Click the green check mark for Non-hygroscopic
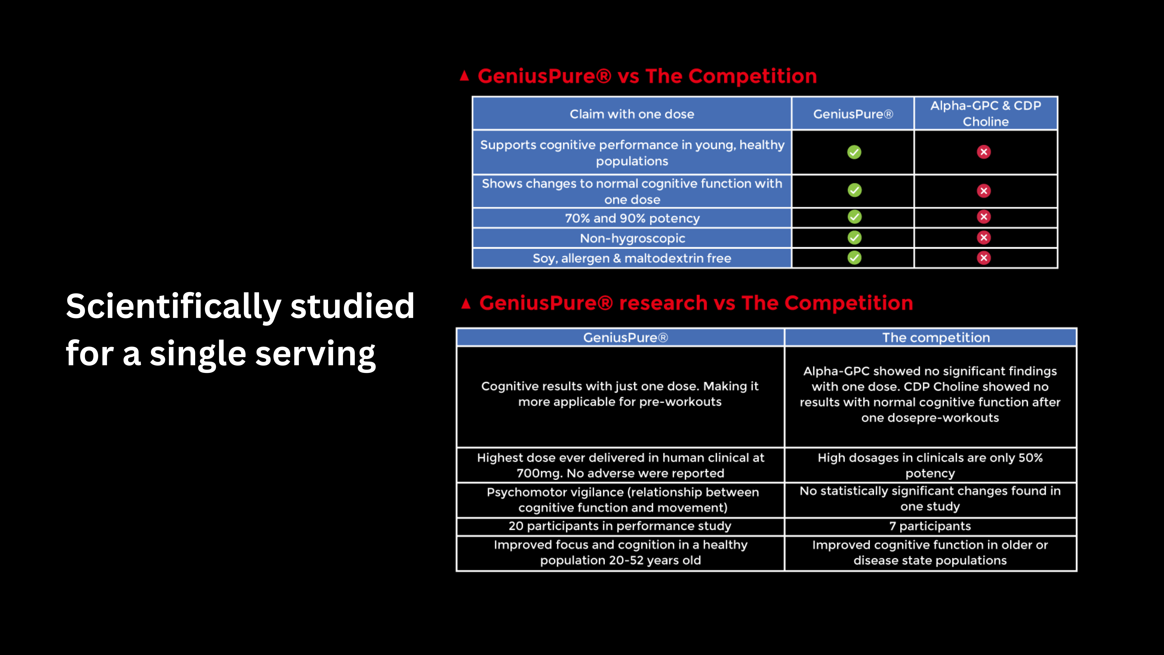[x=854, y=238]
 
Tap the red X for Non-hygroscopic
[x=984, y=238]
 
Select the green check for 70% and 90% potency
[x=854, y=217]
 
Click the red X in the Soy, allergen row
[x=984, y=258]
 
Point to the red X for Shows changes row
[x=984, y=191]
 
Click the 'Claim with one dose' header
[x=632, y=114]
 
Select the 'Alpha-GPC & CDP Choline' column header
[x=986, y=113]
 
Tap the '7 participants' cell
[x=930, y=526]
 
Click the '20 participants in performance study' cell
[x=620, y=526]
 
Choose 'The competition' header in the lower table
[x=936, y=338]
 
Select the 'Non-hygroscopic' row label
[x=632, y=238]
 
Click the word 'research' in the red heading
[x=663, y=303]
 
